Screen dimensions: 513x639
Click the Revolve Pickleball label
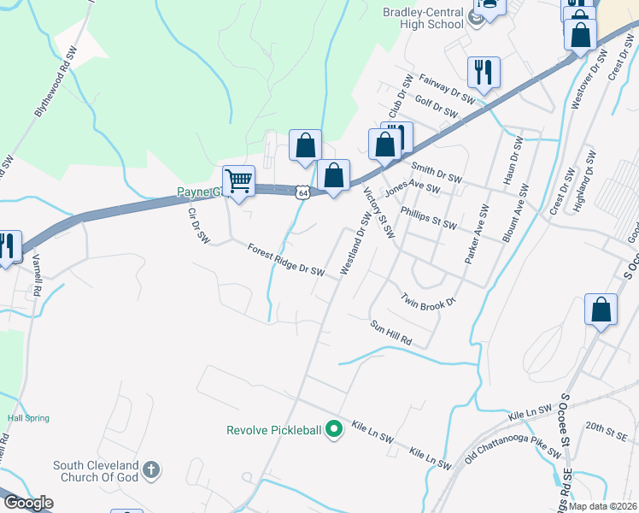[273, 430]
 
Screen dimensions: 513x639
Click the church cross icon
[150, 469]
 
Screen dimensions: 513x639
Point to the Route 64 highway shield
[303, 193]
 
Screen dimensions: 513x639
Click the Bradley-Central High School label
[423, 17]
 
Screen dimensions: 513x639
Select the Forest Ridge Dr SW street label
[285, 260]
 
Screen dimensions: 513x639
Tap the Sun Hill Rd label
[391, 333]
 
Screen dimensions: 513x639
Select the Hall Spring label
[28, 418]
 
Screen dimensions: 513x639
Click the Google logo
[27, 503]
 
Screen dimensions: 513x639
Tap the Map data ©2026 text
[602, 506]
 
